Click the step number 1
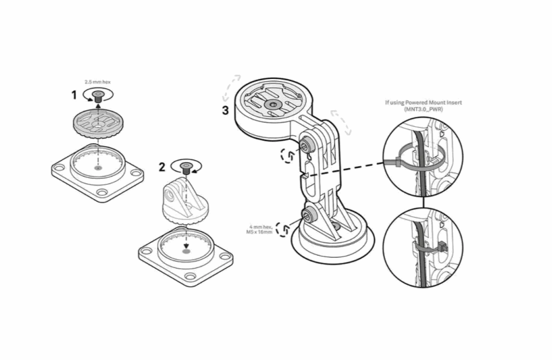click(x=74, y=95)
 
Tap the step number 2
click(x=162, y=167)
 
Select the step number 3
click(x=225, y=110)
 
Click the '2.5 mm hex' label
click(x=97, y=82)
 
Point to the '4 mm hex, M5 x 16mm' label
click(x=260, y=229)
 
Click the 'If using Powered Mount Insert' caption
click(x=423, y=102)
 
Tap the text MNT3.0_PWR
click(x=423, y=109)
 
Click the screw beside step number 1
click(x=98, y=96)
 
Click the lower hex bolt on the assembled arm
click(x=307, y=214)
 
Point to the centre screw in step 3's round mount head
click(x=272, y=104)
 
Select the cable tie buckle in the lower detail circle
click(x=442, y=248)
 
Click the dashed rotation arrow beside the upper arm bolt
click(x=288, y=155)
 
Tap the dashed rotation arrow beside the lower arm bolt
click(x=283, y=229)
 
